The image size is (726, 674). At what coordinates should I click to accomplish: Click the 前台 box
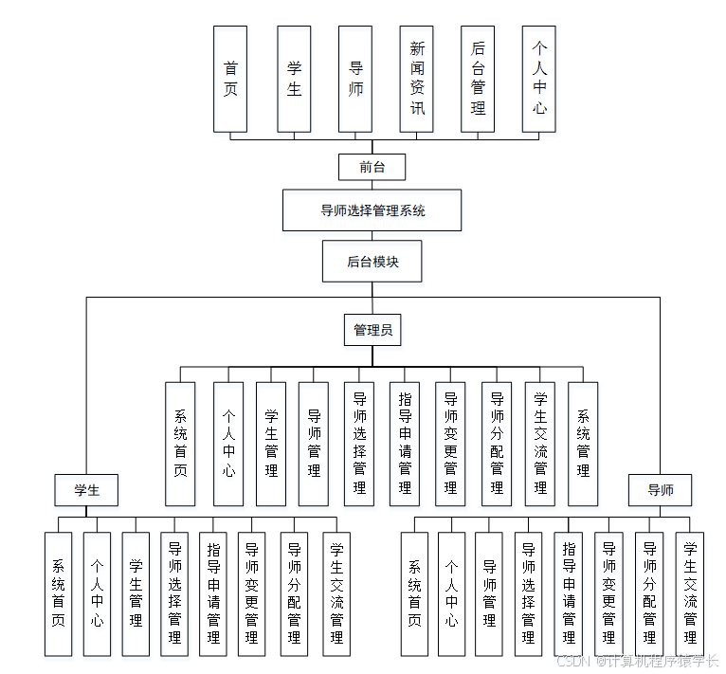pos(372,168)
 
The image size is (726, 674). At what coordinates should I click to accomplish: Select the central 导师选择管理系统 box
pos(372,210)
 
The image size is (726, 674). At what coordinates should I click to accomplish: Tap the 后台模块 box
pos(372,262)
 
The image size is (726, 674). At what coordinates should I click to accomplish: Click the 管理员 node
pos(372,330)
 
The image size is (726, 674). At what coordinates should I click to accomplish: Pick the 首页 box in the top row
pos(230,79)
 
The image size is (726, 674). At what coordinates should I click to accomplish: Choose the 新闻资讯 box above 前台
pos(417,79)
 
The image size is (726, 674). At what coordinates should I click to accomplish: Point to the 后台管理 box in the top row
pos(478,79)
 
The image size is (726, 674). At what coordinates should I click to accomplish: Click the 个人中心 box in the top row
pos(539,79)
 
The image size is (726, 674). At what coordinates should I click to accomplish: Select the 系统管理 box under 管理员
pos(583,444)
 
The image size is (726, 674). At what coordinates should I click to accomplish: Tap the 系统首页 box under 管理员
pos(180,444)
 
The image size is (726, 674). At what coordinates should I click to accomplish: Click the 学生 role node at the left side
pos(86,490)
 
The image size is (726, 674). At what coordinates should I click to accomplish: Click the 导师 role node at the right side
pos(661,490)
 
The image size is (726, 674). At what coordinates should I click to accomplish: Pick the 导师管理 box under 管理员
pos(314,444)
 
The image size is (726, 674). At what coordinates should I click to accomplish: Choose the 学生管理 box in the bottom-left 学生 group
pos(136,593)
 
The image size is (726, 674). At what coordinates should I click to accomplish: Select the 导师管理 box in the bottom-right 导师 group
pos(489,593)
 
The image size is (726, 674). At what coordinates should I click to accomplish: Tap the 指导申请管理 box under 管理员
pos(405,444)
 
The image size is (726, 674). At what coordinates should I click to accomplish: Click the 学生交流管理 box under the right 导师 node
pos(690,593)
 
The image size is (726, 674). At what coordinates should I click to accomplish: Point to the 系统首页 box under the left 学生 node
pos(58,593)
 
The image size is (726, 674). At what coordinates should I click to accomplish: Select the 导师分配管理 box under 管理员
pos(496,444)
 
